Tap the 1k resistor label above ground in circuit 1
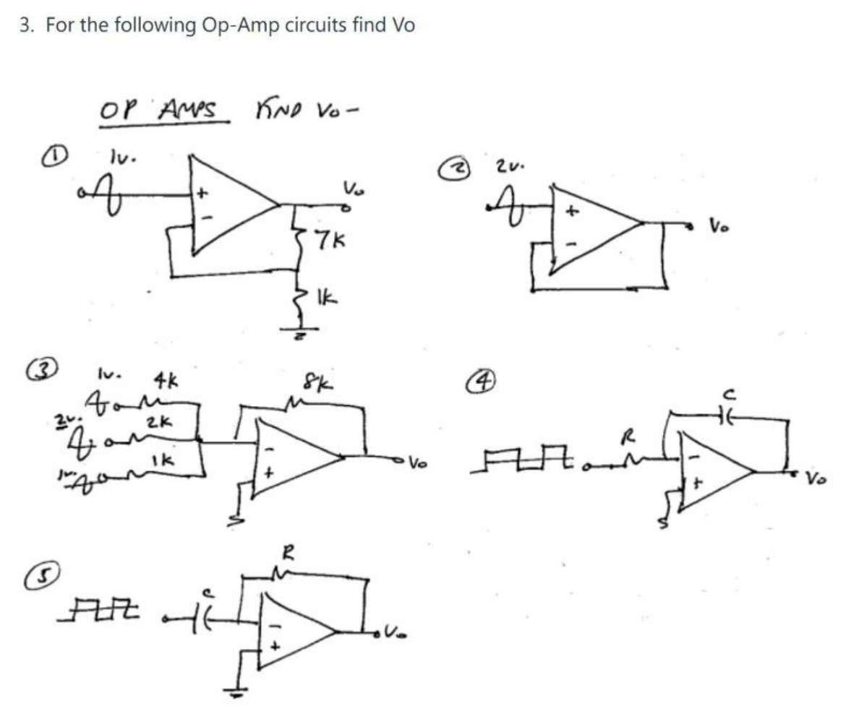pos(327,297)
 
